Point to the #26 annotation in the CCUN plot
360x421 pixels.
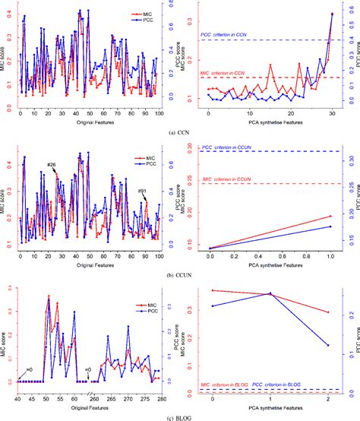click(51, 165)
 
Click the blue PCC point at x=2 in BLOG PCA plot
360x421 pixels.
click(327, 345)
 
